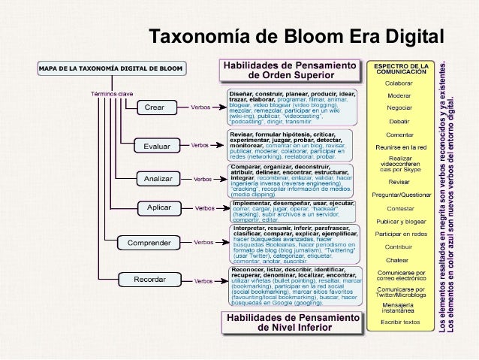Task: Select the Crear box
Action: [154, 107]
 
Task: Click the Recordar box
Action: [150, 280]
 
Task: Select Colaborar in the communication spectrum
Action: [399, 83]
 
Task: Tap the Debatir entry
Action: [399, 120]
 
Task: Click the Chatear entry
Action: [399, 259]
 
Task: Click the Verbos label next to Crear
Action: [200, 107]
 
